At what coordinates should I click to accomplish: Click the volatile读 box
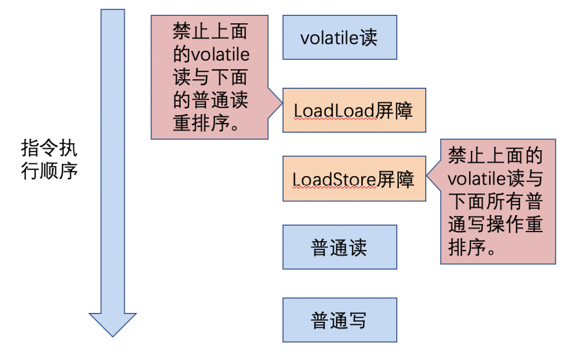pyautogui.click(x=340, y=37)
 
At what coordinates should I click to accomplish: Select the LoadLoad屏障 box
pyautogui.click(x=354, y=110)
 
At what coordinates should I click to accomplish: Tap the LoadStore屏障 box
pyautogui.click(x=354, y=179)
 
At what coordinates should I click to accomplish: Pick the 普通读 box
pyautogui.click(x=340, y=247)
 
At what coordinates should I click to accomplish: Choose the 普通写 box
pyautogui.click(x=340, y=320)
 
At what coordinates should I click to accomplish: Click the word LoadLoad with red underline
pyautogui.click(x=334, y=110)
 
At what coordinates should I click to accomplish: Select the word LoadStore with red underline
pyautogui.click(x=335, y=179)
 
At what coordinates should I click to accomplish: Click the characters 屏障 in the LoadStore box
pyautogui.click(x=396, y=179)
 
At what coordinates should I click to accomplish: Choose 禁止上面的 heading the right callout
pyautogui.click(x=496, y=155)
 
